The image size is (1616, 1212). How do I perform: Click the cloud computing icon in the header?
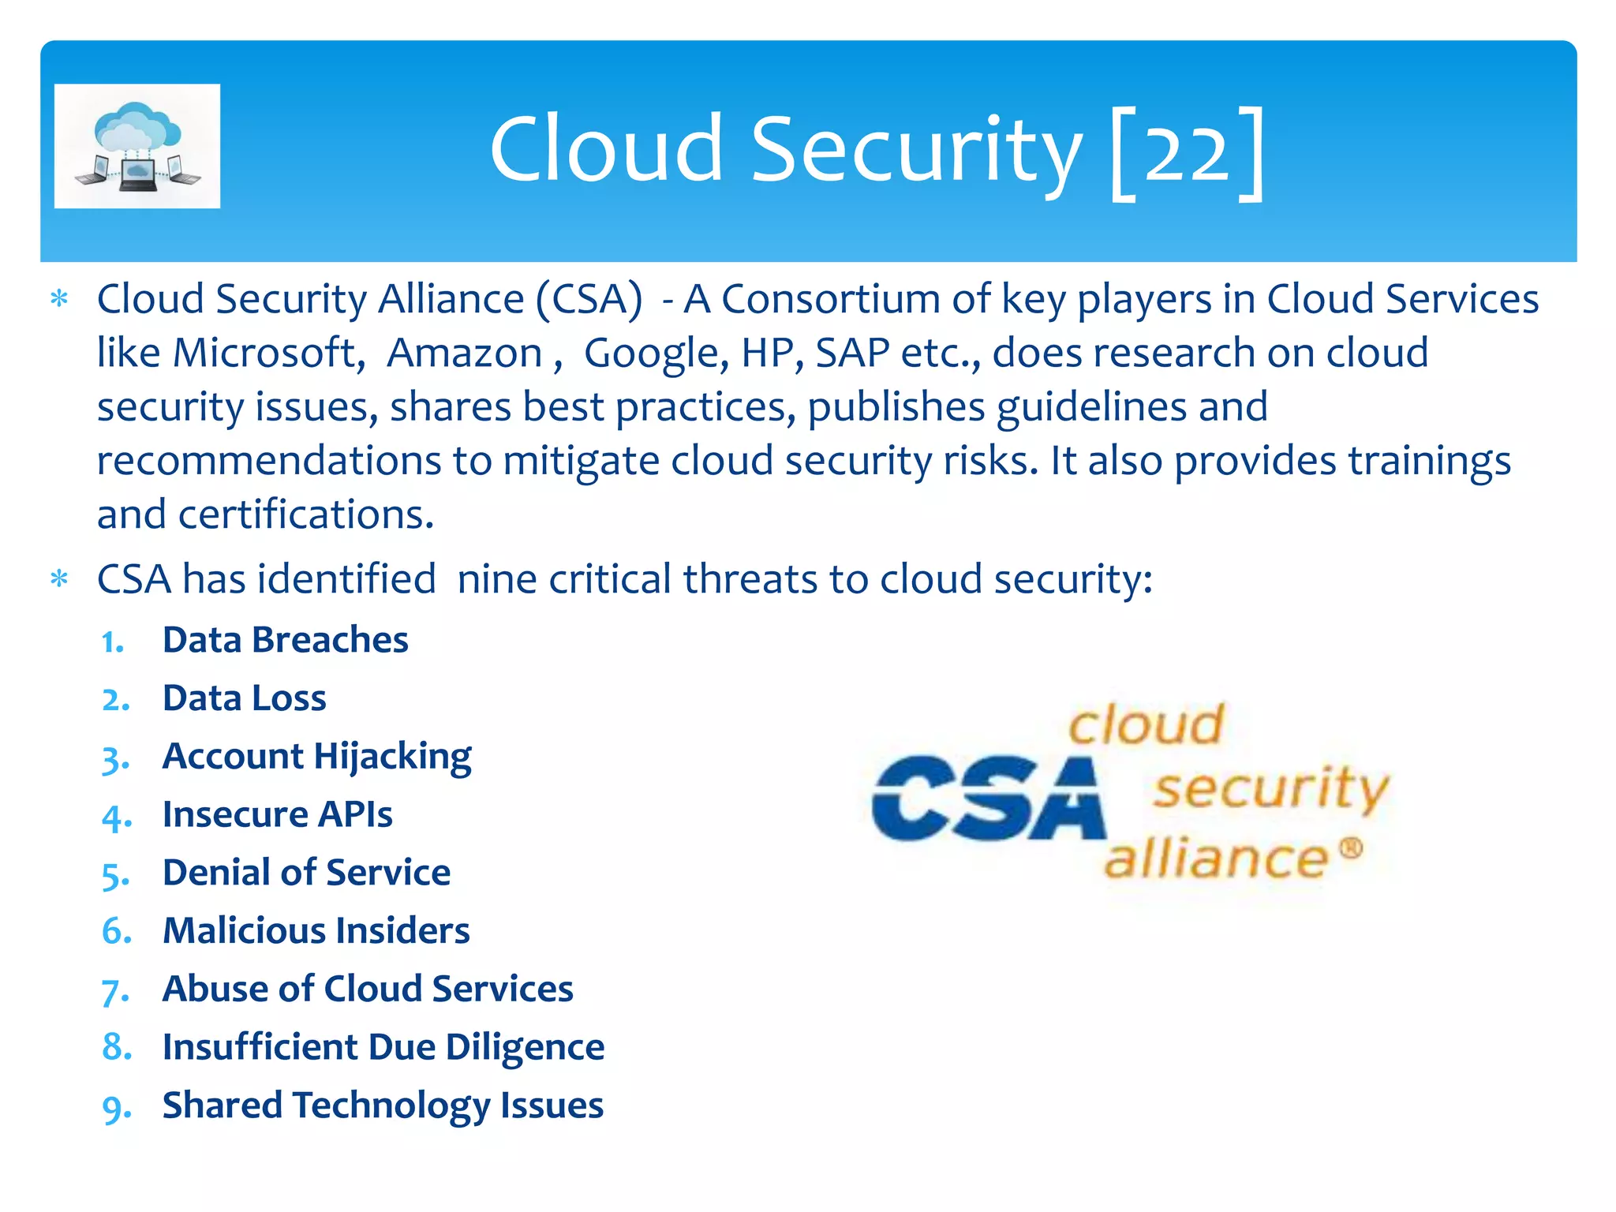(x=137, y=146)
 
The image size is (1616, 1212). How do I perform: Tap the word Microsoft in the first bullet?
(x=265, y=353)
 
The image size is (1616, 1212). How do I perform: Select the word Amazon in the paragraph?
(x=464, y=353)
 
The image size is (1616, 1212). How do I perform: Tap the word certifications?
(x=306, y=514)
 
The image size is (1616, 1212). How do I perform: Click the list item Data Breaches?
(x=285, y=640)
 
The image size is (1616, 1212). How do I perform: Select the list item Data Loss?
(x=244, y=698)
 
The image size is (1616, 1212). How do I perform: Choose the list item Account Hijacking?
(x=316, y=757)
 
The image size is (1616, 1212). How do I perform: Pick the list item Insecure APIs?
(x=277, y=814)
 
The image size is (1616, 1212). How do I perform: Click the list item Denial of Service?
(x=306, y=873)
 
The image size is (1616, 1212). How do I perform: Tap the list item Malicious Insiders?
(x=316, y=931)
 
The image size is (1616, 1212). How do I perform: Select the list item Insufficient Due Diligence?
(x=383, y=1047)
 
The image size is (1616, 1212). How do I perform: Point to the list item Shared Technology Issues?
(x=383, y=1105)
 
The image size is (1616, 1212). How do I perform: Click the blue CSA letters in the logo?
(x=988, y=799)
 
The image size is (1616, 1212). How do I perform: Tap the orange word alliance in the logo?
(x=1216, y=858)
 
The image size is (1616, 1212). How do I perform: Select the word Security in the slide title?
(x=915, y=150)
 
